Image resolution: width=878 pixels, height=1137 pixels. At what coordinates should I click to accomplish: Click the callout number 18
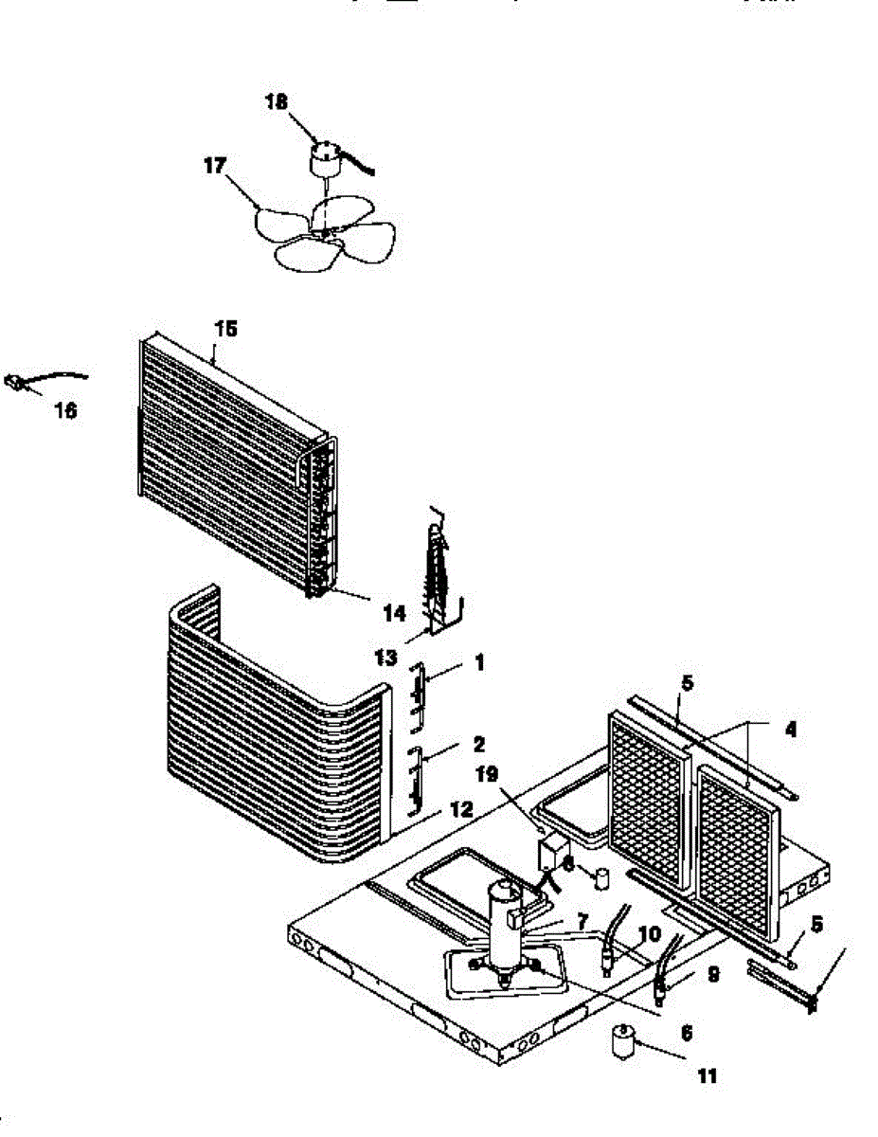(277, 102)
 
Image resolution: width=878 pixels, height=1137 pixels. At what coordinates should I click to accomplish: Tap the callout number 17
(215, 167)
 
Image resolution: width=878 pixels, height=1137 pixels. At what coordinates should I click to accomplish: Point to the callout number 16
(65, 411)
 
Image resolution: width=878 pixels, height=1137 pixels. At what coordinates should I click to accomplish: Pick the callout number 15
(225, 329)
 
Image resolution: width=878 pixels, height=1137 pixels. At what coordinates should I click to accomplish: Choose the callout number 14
(393, 614)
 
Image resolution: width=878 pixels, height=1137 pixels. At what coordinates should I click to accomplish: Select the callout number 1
(479, 664)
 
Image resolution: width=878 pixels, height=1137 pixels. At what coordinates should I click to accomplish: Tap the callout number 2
(479, 743)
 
